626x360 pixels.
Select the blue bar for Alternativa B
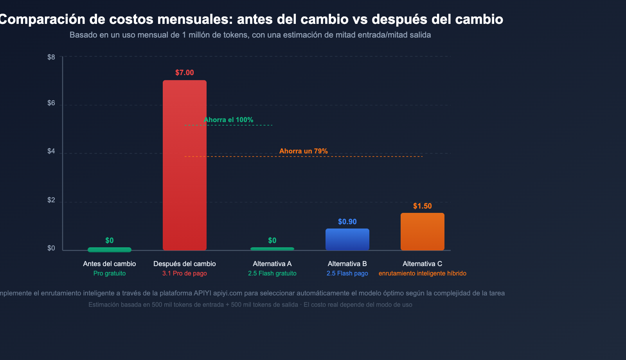[347, 239]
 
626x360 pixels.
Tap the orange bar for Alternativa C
[423, 232]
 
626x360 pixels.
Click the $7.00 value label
[185, 73]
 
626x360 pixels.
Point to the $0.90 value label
[347, 222]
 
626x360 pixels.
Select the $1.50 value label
[423, 206]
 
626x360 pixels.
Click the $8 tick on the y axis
[51, 57]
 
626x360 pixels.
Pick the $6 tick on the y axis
[51, 103]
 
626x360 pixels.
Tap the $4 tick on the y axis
[51, 151]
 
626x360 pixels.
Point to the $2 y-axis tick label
[51, 200]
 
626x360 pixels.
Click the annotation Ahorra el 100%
[228, 120]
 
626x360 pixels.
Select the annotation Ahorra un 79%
[304, 151]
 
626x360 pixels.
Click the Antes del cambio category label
[110, 264]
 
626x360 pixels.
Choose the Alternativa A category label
[272, 264]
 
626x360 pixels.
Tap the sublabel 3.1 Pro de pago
[185, 274]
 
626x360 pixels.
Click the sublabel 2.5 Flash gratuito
[272, 274]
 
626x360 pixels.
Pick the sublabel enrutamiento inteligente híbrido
[423, 274]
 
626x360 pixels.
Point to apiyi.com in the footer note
[228, 293]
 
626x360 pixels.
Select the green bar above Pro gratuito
[110, 250]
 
